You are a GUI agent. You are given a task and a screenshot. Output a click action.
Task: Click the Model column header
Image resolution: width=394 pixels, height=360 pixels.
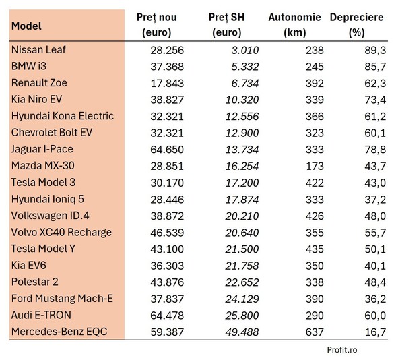[26, 26]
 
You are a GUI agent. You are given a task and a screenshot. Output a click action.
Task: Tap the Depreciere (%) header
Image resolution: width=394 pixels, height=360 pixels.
[356, 24]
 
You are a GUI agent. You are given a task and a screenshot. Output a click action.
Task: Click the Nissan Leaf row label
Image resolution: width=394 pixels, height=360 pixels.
[38, 50]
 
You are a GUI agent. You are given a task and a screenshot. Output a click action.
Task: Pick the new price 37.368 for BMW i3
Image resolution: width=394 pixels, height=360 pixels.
[166, 66]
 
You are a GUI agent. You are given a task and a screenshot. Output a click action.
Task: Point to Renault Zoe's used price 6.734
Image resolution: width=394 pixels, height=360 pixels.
[242, 83]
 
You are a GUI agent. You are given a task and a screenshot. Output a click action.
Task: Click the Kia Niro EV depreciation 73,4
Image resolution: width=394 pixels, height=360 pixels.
[374, 99]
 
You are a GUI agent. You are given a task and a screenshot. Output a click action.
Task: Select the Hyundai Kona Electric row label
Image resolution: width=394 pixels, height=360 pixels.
[63, 116]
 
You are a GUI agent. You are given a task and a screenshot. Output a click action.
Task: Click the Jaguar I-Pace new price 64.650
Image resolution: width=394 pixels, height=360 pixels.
[166, 149]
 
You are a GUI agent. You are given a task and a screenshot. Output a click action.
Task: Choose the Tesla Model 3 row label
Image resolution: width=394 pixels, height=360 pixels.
[44, 182]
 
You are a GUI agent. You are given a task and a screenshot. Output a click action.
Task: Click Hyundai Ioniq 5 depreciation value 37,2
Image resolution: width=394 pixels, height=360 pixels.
[374, 199]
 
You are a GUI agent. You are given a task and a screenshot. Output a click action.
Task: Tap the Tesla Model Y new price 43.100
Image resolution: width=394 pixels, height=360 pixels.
[166, 249]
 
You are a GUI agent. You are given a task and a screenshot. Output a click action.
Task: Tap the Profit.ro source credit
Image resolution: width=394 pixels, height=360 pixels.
[341, 350]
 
